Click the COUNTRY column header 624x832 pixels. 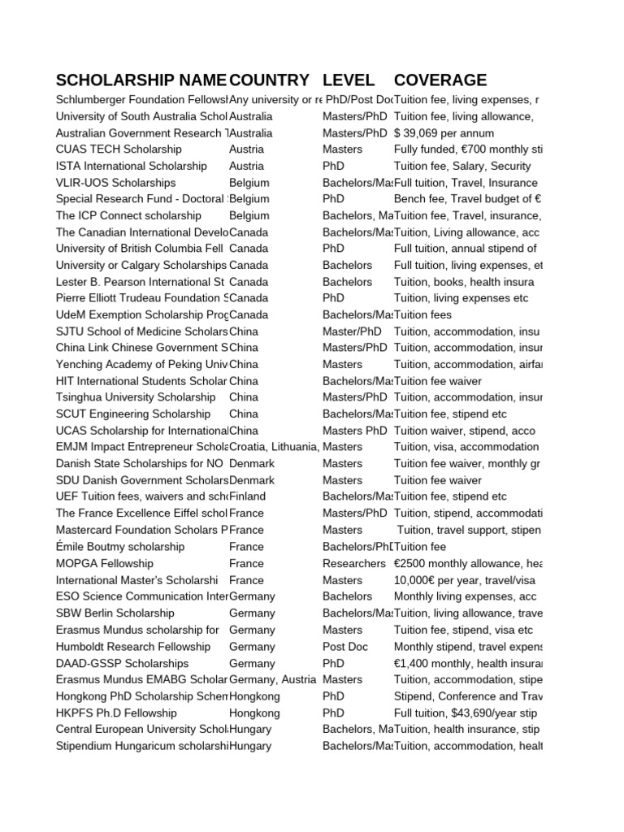click(269, 80)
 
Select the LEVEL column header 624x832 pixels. click(349, 80)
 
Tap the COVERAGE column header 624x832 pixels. click(440, 80)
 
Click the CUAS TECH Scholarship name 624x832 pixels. click(119, 149)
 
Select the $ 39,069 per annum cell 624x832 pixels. click(444, 133)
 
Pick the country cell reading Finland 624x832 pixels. click(249, 496)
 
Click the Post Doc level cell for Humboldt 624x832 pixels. click(345, 647)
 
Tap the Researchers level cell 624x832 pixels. click(354, 564)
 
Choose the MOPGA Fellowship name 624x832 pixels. click(104, 564)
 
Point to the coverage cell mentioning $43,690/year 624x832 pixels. click(466, 713)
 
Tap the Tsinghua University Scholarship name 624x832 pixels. click(136, 397)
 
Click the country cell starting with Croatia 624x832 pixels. click(275, 447)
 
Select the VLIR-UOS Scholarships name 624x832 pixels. click(115, 183)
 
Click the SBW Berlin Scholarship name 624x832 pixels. click(115, 613)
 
